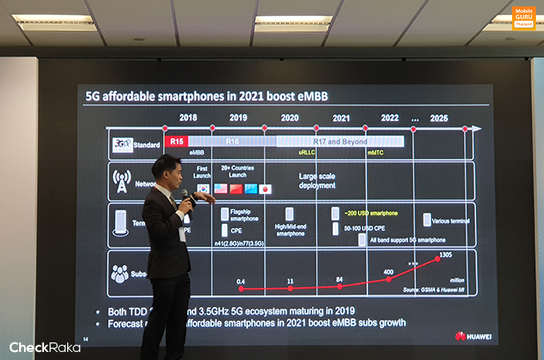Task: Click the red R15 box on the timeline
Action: point(178,142)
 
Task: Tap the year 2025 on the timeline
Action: point(438,118)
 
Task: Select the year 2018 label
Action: point(188,118)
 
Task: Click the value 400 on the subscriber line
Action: point(389,273)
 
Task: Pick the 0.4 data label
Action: point(241,281)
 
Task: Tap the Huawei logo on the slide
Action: point(471,336)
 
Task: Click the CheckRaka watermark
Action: point(45,347)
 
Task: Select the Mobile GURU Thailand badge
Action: point(524,18)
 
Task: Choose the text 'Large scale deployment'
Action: point(318,180)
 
